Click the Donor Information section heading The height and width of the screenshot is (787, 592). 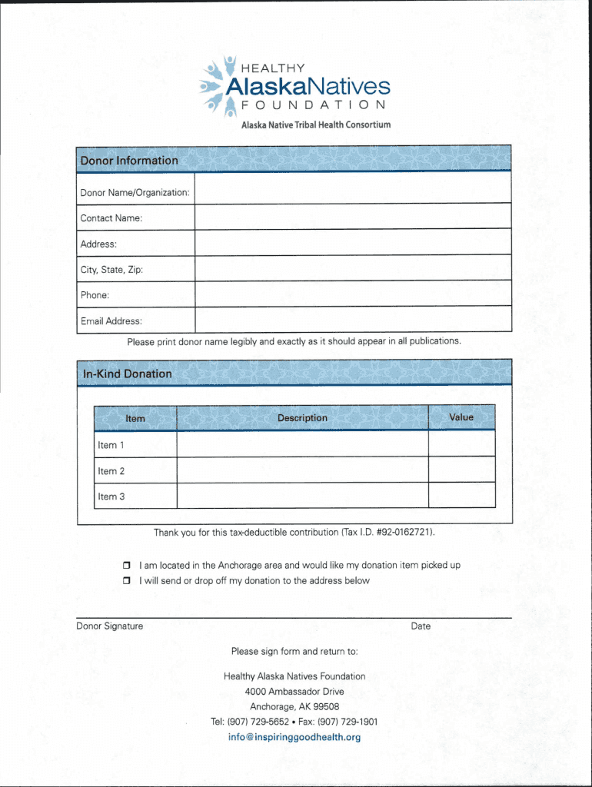click(x=129, y=161)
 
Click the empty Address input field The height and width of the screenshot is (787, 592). click(x=352, y=243)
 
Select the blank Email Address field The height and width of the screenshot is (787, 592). click(x=352, y=320)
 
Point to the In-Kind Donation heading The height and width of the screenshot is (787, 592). click(x=127, y=374)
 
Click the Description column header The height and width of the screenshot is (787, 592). click(x=302, y=418)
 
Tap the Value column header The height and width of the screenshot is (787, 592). click(x=461, y=417)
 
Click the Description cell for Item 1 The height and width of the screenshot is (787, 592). click(x=302, y=444)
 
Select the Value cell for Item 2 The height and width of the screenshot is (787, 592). click(x=461, y=470)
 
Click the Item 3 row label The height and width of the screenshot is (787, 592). click(x=111, y=496)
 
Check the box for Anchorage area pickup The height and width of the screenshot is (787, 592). click(x=128, y=566)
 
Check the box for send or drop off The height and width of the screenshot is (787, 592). click(x=128, y=581)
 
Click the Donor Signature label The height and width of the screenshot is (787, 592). click(x=110, y=626)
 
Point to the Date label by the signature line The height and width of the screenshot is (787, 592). click(x=421, y=626)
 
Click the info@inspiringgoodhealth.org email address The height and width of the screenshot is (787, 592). click(x=294, y=738)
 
